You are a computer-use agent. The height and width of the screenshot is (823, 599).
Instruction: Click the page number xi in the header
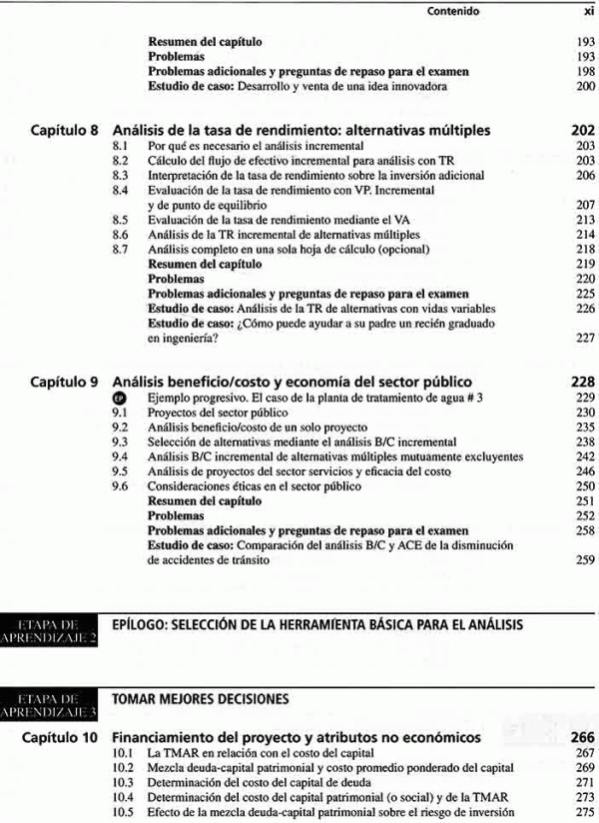click(587, 12)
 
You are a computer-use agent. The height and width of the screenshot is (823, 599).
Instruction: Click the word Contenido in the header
click(453, 12)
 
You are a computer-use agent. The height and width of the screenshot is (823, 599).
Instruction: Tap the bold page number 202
click(582, 131)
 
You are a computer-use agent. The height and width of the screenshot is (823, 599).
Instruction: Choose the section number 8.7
click(121, 249)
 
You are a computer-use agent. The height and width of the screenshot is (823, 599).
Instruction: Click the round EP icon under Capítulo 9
click(121, 398)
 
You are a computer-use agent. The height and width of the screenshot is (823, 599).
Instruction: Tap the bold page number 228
click(582, 382)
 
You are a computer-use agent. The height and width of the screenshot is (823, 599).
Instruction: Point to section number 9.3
click(121, 441)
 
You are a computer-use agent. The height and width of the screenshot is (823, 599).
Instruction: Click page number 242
click(585, 456)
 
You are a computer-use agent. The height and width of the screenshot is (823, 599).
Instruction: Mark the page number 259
click(585, 560)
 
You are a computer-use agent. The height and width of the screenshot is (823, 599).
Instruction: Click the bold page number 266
click(582, 737)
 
